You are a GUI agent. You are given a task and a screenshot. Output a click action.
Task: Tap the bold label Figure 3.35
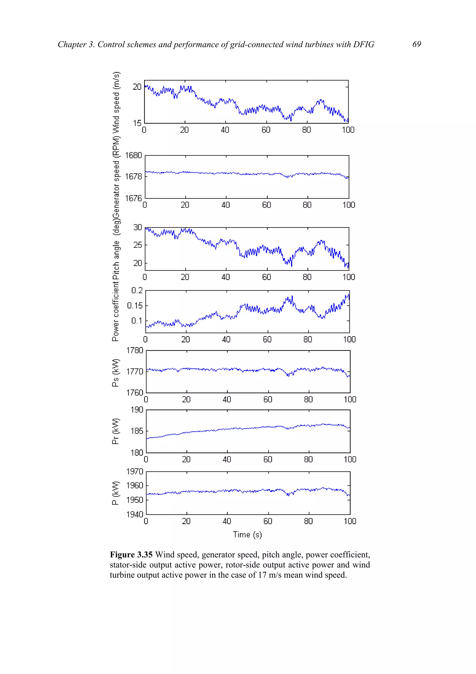point(131,554)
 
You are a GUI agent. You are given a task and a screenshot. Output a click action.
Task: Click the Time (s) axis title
point(247,534)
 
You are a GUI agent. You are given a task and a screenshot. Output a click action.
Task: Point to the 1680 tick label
point(133,155)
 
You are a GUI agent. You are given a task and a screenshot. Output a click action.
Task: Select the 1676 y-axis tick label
point(133,198)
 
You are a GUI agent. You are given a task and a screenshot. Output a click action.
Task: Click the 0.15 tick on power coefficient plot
point(135,306)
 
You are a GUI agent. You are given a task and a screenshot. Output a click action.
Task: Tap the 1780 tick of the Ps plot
point(135,350)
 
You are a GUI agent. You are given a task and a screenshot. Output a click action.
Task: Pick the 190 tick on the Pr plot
point(137,410)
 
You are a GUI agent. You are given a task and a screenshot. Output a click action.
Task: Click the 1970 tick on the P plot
point(135,471)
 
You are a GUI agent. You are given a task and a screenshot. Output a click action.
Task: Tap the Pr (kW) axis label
point(116,431)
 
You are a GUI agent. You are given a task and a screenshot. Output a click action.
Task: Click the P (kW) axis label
point(116,493)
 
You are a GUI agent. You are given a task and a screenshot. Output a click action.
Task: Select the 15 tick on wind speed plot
point(137,123)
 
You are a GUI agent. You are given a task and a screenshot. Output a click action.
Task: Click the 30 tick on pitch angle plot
point(137,227)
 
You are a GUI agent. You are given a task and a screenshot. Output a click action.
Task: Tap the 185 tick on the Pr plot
point(137,431)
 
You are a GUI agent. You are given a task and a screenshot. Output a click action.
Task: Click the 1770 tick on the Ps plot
point(135,372)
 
